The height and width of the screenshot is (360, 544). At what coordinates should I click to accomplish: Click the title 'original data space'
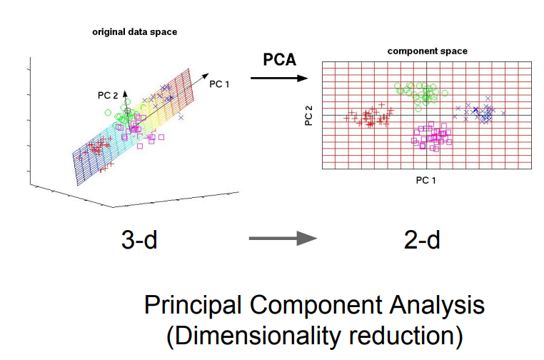[x=134, y=32]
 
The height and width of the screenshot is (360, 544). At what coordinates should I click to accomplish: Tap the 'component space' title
[x=427, y=51]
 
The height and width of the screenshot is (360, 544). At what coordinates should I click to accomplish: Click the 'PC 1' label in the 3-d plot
[x=218, y=84]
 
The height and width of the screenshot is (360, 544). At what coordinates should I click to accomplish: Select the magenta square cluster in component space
[x=430, y=135]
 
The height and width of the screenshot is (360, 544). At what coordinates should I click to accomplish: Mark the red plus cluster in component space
[x=369, y=116]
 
